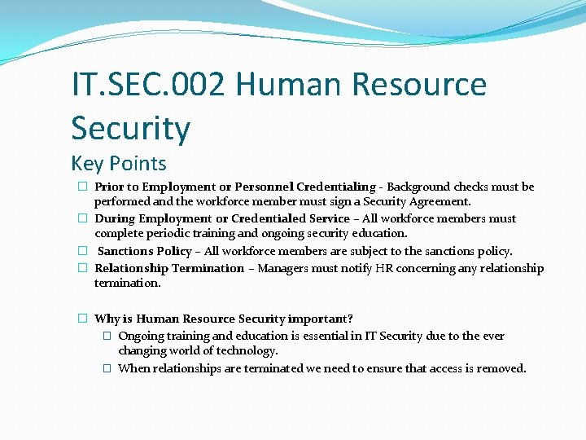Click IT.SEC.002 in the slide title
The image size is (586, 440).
click(x=146, y=85)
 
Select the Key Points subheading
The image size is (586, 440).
click(x=119, y=163)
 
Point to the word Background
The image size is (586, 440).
click(x=419, y=187)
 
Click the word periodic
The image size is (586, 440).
click(x=173, y=233)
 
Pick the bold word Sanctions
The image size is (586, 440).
click(x=125, y=251)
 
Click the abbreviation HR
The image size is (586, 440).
click(x=385, y=268)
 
